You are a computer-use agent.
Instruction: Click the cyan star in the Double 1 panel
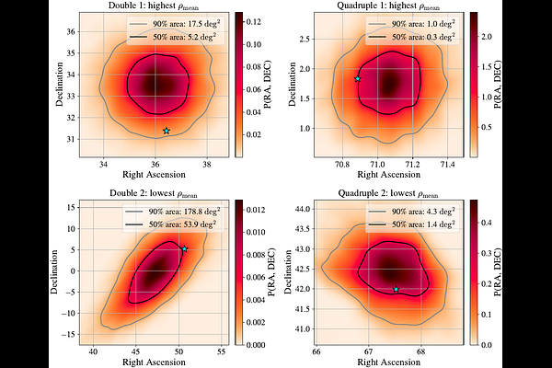pyautogui.click(x=166, y=131)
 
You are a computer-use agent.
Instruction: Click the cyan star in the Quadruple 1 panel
pyautogui.click(x=357, y=79)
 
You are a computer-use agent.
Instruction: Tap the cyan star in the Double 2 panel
pyautogui.click(x=184, y=249)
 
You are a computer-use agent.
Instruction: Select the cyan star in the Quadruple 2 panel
pyautogui.click(x=397, y=290)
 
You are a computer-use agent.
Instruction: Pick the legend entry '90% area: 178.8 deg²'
pyautogui.click(x=175, y=211)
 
